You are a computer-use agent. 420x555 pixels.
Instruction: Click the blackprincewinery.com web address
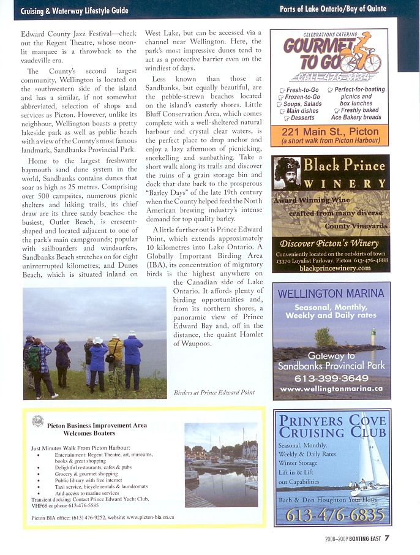click(x=331, y=268)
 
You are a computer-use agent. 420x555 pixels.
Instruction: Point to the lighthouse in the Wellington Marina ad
click(x=374, y=336)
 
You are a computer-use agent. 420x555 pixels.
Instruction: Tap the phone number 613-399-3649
click(x=331, y=378)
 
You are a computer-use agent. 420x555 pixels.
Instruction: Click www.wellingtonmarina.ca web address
click(x=331, y=389)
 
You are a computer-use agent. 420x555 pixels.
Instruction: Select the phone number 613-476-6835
click(x=331, y=515)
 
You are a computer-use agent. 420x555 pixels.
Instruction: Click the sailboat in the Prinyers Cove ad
click(x=371, y=466)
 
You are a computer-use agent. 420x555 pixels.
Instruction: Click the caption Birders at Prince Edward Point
click(x=214, y=392)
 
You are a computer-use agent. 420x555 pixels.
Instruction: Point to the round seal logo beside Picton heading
click(x=38, y=421)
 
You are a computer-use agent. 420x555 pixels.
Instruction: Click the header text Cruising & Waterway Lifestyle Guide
click(x=74, y=10)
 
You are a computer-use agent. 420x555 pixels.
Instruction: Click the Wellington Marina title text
click(x=331, y=293)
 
